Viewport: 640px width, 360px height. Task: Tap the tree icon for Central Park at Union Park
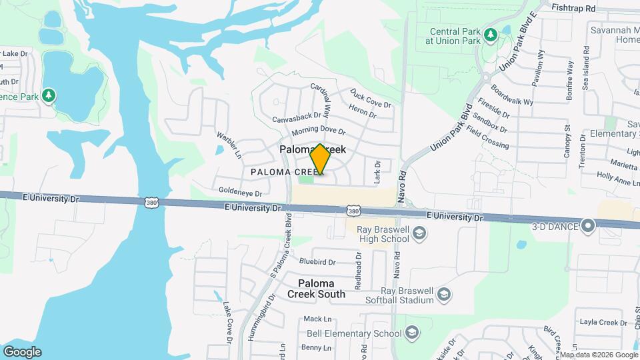click(x=491, y=34)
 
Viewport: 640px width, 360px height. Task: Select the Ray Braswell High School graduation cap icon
click(x=419, y=233)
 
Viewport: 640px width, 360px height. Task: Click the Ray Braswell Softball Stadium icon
click(x=444, y=294)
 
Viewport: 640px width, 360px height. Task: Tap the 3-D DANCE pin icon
click(x=587, y=226)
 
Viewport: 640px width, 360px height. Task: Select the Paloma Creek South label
click(x=316, y=289)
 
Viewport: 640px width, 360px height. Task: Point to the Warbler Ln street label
click(x=227, y=145)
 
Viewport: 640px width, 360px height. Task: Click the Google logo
click(x=22, y=351)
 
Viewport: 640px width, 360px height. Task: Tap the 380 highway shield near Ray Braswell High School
click(x=354, y=211)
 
